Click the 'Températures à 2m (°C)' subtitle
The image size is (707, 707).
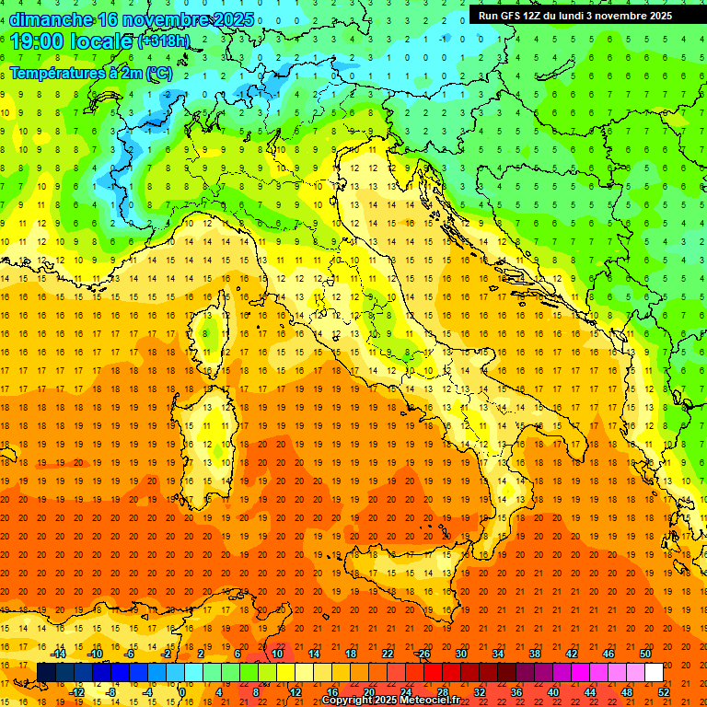(90, 72)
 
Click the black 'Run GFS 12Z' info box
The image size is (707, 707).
(575, 16)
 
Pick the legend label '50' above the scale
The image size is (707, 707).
(645, 654)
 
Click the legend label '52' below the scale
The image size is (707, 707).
(664, 692)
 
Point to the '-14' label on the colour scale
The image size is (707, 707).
(58, 654)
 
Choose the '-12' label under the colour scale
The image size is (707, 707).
(76, 692)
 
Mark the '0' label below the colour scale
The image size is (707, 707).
(182, 692)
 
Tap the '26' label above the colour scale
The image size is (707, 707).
(423, 654)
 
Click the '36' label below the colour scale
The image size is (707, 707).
(516, 692)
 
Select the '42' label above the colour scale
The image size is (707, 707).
(572, 654)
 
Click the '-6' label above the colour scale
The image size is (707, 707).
(130, 654)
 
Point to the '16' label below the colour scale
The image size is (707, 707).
(331, 692)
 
